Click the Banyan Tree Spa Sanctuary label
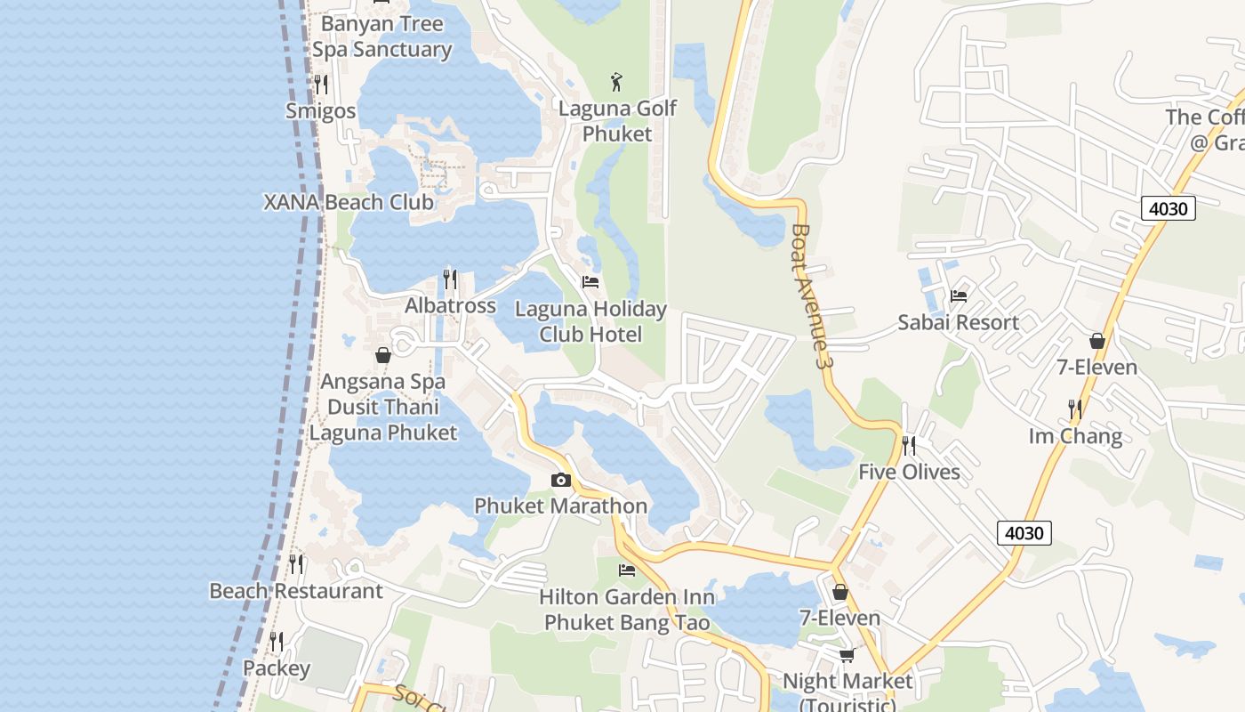click(x=382, y=36)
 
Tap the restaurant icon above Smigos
click(x=321, y=85)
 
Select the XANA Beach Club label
click(x=349, y=202)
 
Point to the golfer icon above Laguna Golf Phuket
click(x=616, y=83)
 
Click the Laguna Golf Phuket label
click(x=617, y=121)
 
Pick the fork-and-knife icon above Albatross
click(x=450, y=279)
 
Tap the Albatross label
click(x=450, y=305)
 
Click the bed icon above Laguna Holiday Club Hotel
click(x=590, y=282)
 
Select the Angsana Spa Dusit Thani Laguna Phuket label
click(x=382, y=407)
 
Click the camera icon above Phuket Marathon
click(x=560, y=481)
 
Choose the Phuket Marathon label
click(x=560, y=506)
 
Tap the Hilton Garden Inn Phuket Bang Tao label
click(x=627, y=610)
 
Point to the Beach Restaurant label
click(x=295, y=591)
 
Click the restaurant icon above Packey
click(x=277, y=642)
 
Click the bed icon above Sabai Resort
click(x=958, y=296)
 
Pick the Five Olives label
click(x=909, y=472)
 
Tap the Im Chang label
click(x=1075, y=436)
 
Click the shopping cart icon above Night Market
click(x=847, y=655)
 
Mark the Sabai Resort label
click(x=958, y=322)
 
